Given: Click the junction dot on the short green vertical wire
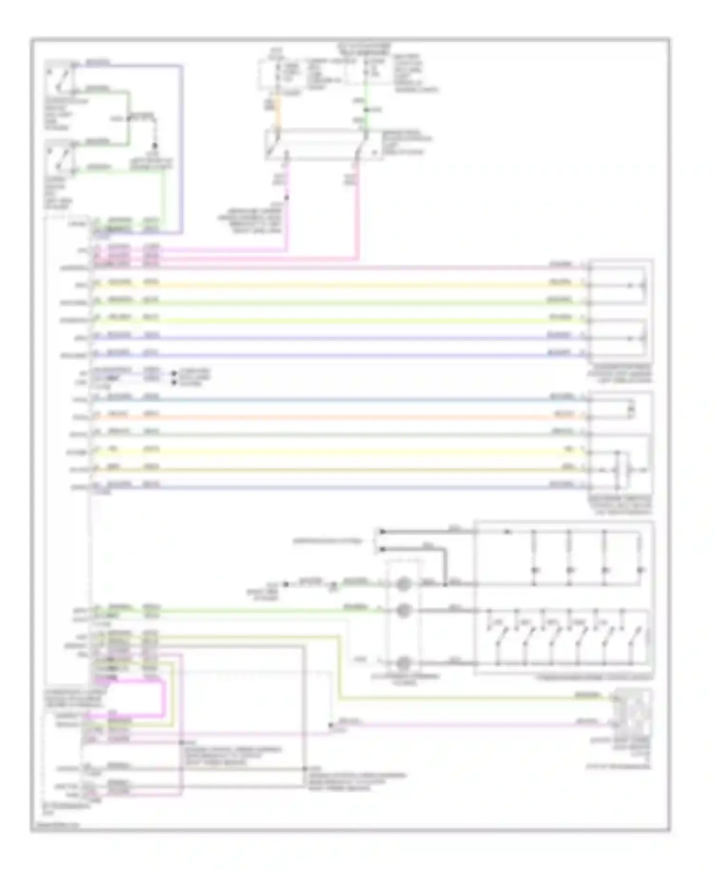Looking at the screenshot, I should [x=366, y=110].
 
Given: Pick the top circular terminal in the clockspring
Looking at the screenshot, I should [x=403, y=583].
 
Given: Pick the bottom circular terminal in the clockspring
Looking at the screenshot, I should [x=403, y=662].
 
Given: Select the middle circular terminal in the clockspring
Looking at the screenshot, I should [x=403, y=610].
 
